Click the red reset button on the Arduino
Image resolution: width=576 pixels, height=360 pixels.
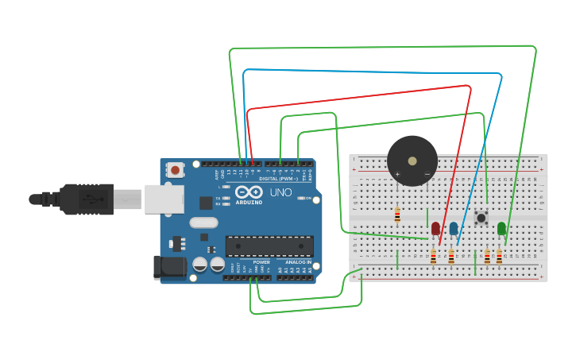[175, 169]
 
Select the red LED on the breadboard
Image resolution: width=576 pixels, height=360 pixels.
[435, 229]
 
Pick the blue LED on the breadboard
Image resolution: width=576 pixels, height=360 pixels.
[454, 229]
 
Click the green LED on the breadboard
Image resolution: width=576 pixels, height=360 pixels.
[501, 229]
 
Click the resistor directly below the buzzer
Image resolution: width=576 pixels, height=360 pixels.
[397, 215]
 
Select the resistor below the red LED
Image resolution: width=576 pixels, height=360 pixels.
[433, 257]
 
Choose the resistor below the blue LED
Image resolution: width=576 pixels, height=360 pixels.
[451, 257]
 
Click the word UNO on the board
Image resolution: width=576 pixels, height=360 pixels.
[280, 192]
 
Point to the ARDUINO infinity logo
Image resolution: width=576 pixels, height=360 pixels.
[249, 192]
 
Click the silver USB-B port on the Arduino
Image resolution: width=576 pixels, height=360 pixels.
[164, 199]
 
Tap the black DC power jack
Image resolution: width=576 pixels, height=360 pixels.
[169, 267]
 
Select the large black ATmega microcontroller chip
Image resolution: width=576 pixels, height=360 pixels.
[269, 246]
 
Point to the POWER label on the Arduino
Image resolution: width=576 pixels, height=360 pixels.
[261, 262]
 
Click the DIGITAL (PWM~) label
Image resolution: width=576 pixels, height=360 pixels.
[278, 179]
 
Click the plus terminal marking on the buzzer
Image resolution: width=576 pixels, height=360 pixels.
[397, 174]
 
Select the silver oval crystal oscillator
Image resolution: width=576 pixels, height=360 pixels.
[203, 223]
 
